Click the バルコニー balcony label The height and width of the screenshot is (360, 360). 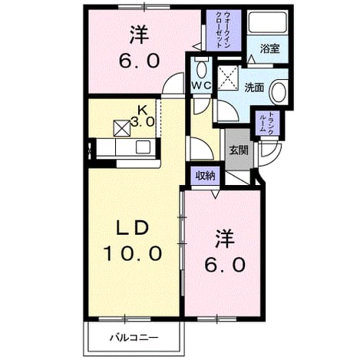[134, 338]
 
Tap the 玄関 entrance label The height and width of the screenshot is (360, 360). [239, 150]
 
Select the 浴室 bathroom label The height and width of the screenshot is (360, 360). [269, 48]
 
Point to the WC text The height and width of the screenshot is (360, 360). [201, 85]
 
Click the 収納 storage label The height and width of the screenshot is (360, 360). [206, 176]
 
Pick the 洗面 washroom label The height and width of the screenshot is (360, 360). [254, 88]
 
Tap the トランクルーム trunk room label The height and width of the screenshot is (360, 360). [267, 122]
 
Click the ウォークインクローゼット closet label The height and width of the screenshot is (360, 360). [223, 30]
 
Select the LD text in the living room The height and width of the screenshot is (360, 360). [133, 229]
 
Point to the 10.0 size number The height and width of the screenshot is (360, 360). [133, 253]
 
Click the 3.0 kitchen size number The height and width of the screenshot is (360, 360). [143, 122]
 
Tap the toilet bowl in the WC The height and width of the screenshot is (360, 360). [203, 68]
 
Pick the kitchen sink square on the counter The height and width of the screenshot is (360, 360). [143, 147]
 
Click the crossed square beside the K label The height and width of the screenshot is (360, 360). [122, 128]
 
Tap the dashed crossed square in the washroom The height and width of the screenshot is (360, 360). [228, 78]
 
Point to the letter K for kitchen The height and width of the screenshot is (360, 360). [143, 111]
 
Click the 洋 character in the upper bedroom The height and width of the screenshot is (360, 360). [139, 35]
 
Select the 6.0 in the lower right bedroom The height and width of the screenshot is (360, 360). [225, 264]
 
